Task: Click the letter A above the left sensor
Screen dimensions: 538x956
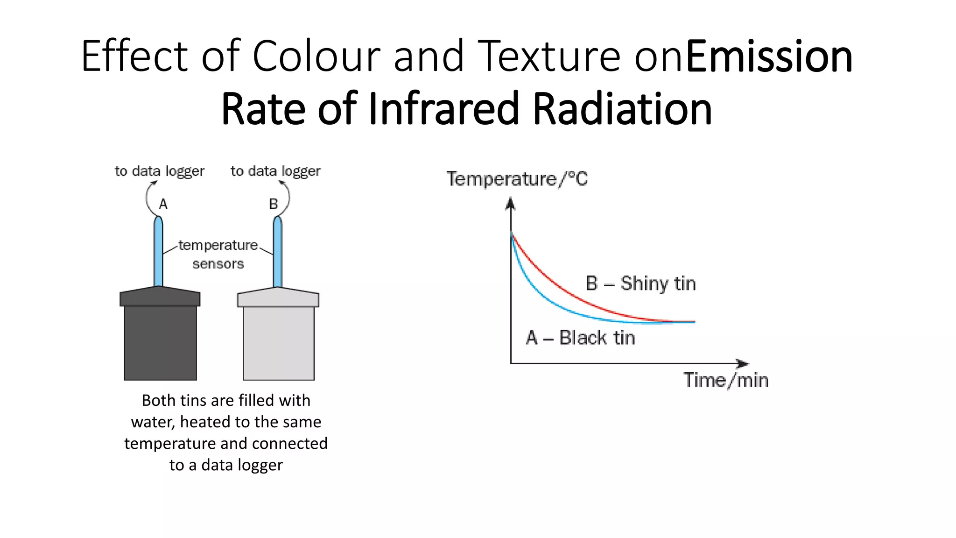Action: point(163,204)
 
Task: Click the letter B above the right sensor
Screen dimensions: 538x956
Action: point(273,204)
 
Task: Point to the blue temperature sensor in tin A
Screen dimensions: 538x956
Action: point(159,252)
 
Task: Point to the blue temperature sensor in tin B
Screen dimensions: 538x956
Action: point(278,252)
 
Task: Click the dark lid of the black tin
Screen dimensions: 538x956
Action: point(160,297)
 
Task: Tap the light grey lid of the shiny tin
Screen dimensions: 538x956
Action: point(278,298)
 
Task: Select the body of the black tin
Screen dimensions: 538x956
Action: point(160,343)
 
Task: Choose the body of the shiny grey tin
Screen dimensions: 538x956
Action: point(279,343)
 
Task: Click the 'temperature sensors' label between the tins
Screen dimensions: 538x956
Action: point(218,255)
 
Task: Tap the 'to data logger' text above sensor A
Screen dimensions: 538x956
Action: point(160,171)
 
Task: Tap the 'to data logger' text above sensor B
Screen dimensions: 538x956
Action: point(275,171)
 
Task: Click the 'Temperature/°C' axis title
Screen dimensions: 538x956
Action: point(517,179)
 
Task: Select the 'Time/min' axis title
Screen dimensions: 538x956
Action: point(726,380)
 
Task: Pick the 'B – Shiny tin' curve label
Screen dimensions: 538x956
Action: point(640,283)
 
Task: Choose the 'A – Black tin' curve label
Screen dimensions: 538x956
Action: point(580,338)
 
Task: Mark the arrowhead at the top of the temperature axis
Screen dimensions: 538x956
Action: point(511,203)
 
